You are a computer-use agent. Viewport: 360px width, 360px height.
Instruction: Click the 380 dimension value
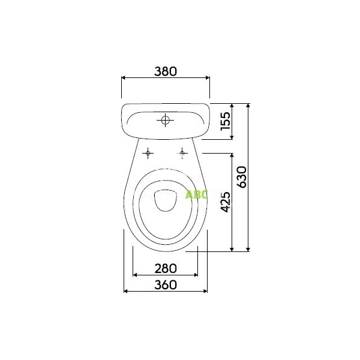[166, 71]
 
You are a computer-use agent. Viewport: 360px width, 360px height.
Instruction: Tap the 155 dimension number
[225, 121]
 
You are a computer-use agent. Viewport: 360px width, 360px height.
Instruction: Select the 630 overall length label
[242, 177]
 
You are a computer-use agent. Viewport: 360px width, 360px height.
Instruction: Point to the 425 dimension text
[225, 202]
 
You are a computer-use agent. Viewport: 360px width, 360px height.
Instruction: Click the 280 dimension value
[166, 269]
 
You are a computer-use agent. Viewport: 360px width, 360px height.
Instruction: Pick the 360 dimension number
[166, 285]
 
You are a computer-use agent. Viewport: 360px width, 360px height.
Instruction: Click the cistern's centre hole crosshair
[166, 120]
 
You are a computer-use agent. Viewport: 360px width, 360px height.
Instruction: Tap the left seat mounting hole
[148, 153]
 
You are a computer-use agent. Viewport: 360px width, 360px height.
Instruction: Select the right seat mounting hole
[182, 153]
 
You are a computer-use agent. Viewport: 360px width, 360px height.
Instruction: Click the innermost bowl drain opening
[166, 200]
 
